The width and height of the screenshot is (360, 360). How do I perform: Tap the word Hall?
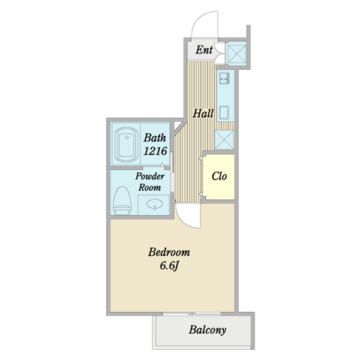pos(203,112)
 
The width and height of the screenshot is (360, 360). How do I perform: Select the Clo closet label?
pos(218,176)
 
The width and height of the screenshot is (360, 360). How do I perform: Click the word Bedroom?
pos(169,253)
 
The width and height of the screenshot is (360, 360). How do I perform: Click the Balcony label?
pos(208,329)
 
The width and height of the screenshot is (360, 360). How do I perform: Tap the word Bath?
pos(155,137)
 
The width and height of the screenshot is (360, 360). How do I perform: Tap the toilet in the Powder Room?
pos(122,200)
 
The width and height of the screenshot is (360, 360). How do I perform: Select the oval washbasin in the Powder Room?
pos(154,205)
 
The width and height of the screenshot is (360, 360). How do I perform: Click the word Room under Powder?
pos(149,187)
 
